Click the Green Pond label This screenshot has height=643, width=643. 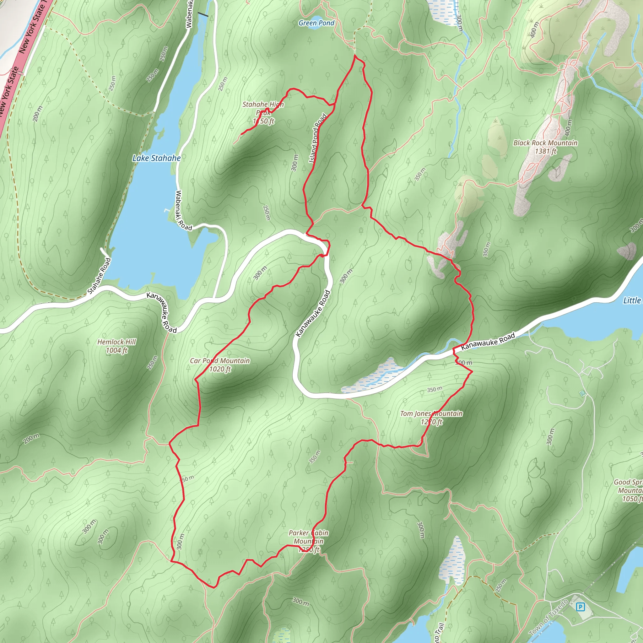click(x=316, y=23)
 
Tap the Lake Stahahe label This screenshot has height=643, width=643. click(x=156, y=158)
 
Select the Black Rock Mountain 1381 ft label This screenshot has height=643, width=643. click(x=545, y=147)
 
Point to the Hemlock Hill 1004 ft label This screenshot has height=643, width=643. click(x=116, y=346)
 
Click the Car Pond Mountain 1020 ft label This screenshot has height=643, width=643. click(x=220, y=365)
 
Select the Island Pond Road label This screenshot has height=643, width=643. click(x=318, y=138)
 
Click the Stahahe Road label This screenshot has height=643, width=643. click(x=99, y=276)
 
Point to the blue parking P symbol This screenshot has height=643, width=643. click(x=580, y=607)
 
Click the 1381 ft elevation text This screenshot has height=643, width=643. click(x=545, y=151)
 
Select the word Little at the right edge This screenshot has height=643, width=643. click(x=632, y=300)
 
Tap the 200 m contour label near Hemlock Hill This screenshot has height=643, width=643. click(x=31, y=439)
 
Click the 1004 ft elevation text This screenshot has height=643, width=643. click(x=116, y=350)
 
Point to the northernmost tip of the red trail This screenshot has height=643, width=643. click(x=355, y=55)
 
